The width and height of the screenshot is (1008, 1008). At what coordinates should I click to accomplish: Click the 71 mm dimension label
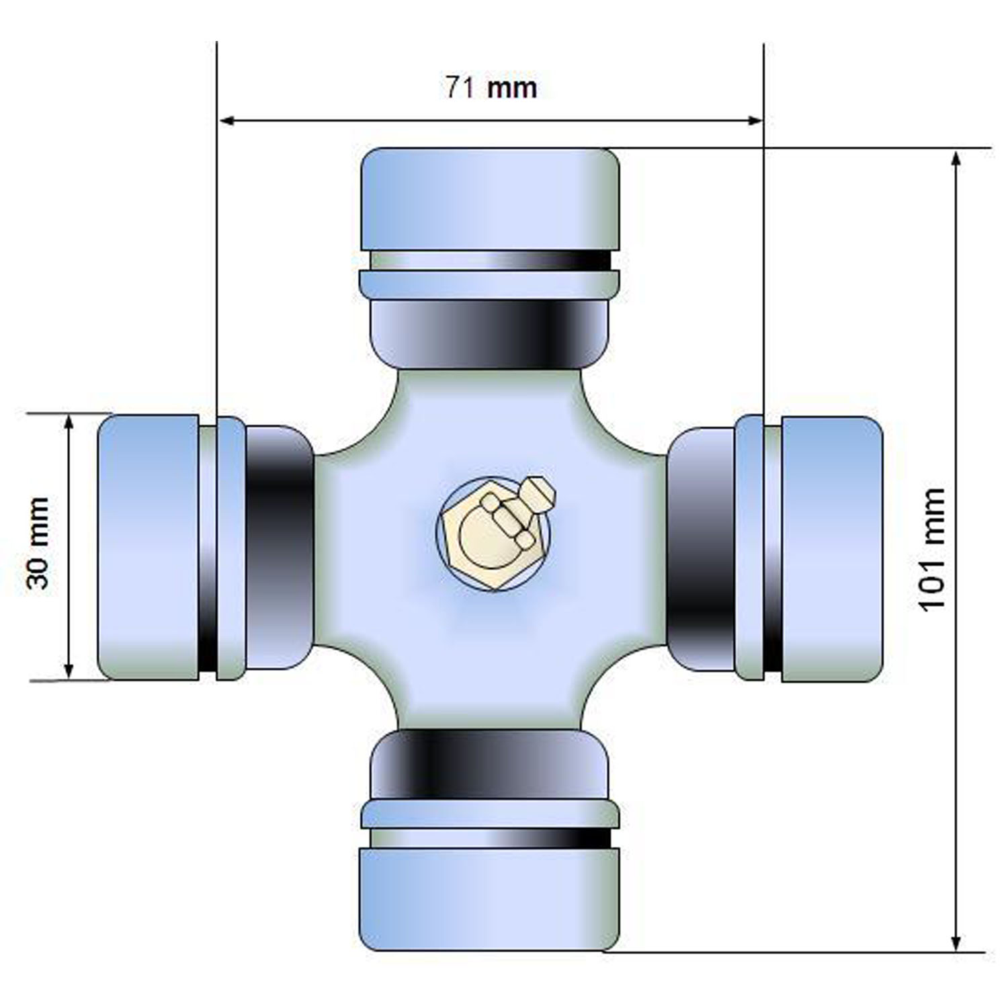coord(491,87)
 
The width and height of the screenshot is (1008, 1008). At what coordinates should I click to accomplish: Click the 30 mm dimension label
coord(38,544)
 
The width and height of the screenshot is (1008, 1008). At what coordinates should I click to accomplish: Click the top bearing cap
coord(490,199)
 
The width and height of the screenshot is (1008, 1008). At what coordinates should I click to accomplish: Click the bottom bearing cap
coord(490,899)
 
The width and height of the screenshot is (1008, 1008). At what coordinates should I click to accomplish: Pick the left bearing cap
coord(149,548)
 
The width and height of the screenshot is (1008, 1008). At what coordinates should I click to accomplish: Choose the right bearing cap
coord(831,549)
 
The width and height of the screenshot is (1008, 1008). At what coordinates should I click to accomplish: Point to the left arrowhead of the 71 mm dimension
coord(226,121)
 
